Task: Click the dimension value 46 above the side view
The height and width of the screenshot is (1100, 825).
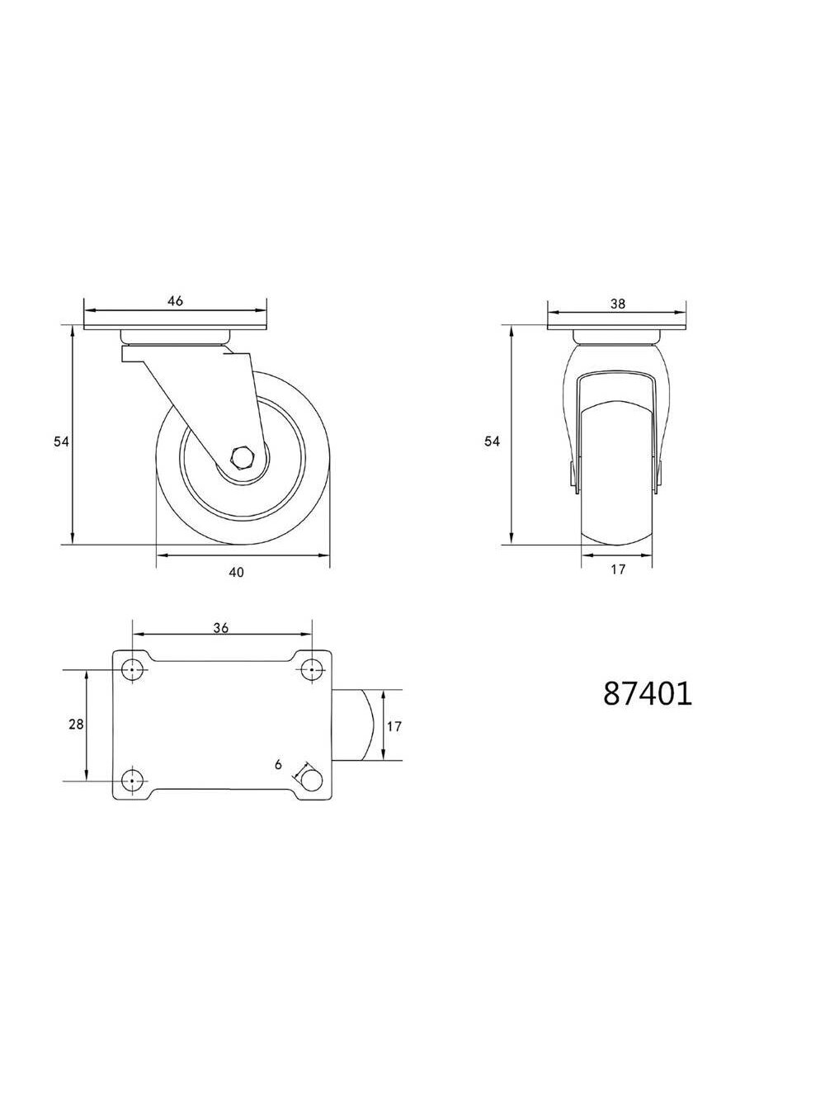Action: tap(176, 300)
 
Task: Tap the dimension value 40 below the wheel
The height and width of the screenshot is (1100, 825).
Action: tap(236, 572)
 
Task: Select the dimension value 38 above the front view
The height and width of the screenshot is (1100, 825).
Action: tap(618, 303)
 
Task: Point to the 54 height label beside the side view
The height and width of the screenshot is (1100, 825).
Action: tap(61, 441)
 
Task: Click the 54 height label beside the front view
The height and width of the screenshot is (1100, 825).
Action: tap(492, 441)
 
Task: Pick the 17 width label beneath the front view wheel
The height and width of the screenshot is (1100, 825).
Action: tap(619, 569)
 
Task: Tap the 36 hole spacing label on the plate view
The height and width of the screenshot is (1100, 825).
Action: tap(221, 627)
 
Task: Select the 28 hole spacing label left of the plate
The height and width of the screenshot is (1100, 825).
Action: tap(76, 725)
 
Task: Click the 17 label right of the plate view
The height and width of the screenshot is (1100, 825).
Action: tap(394, 726)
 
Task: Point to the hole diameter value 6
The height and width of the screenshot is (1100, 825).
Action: tap(279, 765)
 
